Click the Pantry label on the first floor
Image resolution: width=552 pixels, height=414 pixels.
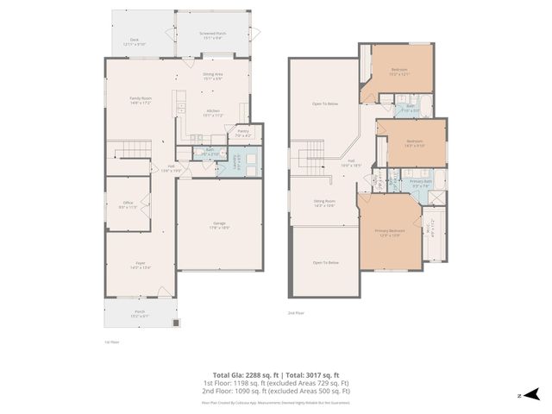[243, 133]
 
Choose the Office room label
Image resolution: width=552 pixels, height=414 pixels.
[128, 205]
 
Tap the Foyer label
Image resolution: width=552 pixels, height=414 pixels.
[140, 266]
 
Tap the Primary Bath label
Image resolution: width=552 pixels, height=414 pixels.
[421, 183]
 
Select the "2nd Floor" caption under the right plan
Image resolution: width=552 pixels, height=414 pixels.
[298, 315]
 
